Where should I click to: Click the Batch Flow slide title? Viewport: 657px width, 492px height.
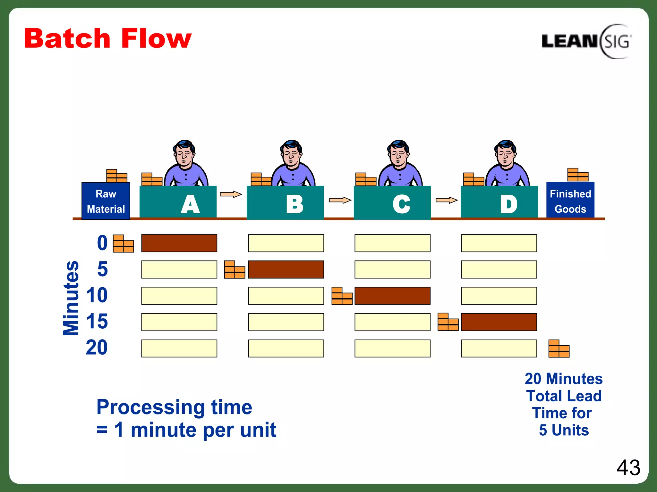108,39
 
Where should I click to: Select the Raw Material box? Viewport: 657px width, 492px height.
106,201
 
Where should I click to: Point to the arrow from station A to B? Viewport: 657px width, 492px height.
231,194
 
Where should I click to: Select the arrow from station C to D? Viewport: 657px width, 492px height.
446,200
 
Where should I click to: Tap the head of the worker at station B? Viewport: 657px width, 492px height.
291,153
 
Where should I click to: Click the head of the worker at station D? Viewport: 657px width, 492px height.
505,153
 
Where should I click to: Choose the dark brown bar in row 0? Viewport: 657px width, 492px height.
179,243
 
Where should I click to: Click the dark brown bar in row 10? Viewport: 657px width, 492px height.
392,296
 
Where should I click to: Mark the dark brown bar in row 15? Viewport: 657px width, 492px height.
499,322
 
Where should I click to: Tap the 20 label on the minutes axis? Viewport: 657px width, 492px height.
97,348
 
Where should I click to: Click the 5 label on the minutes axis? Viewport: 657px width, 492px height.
102,269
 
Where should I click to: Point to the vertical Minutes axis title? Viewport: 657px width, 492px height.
71,298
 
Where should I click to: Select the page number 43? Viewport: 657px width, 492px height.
628,468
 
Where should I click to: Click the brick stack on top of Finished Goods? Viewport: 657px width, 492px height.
577,175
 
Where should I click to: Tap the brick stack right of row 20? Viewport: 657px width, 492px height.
559,349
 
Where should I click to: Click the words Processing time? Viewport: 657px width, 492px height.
174,407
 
